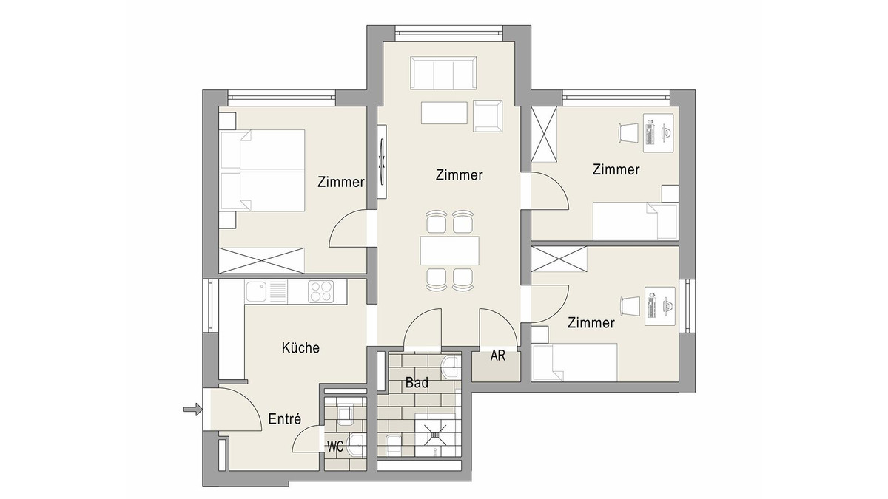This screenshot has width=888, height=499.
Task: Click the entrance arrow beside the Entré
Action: point(192,409)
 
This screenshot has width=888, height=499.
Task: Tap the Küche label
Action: point(300,347)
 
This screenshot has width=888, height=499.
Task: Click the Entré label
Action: point(285,418)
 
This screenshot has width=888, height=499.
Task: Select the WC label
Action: point(335,447)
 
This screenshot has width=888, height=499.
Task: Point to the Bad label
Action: point(417,383)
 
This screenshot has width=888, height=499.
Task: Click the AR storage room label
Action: point(498,356)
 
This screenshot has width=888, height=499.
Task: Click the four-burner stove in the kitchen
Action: point(320,291)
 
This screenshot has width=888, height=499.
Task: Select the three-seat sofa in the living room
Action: point(443,73)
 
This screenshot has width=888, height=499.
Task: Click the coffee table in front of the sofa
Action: point(444,113)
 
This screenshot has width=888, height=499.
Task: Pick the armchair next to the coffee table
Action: point(488,115)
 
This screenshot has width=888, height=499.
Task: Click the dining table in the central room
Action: point(450,251)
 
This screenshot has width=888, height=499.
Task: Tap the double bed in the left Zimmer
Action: point(263,170)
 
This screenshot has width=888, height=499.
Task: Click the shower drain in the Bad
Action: point(435,435)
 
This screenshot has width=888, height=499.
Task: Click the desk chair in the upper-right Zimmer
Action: point(628,132)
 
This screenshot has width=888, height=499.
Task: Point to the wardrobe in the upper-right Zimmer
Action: point(544,135)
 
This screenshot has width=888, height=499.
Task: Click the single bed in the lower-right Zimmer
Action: point(575,362)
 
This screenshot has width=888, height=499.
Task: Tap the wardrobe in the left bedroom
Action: point(262,260)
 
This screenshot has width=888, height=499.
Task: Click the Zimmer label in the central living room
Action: point(459,175)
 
